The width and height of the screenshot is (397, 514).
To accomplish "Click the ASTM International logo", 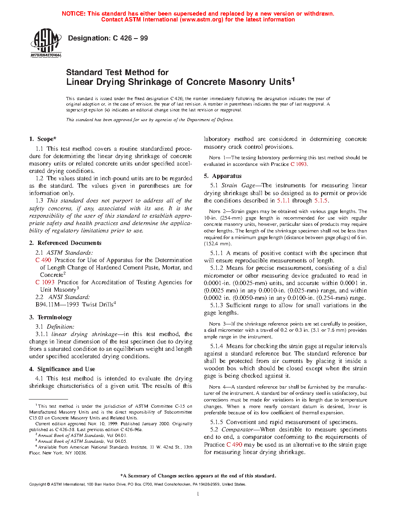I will tap(46, 43).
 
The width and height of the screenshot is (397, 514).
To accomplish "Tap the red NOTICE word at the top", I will tap(74, 14).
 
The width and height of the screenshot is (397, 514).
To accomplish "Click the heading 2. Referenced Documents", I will tap(65, 243).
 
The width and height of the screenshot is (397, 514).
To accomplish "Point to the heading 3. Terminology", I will tap(51, 317).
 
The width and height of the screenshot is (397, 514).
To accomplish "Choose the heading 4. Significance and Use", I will tap(62, 369).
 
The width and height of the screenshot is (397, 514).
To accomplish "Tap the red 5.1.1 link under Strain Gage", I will tap(283, 201).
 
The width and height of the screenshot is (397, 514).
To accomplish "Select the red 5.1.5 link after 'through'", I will tap(321, 201).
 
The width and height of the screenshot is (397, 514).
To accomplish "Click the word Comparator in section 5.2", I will tap(237, 430).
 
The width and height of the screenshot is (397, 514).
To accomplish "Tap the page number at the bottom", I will tap(198, 494).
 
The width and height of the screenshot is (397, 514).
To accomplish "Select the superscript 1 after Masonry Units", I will tap(293, 79).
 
